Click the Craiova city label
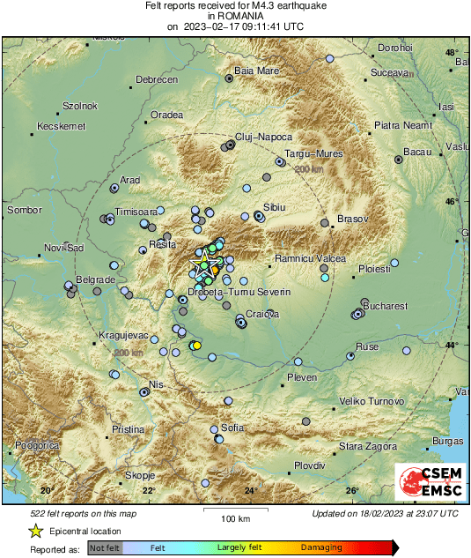coord(262,314)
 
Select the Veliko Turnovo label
coord(372,401)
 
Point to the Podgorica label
coord(36,446)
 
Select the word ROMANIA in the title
coord(235,16)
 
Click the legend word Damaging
coord(323,547)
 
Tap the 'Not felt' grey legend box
coord(105,547)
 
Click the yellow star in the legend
coord(35,532)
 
